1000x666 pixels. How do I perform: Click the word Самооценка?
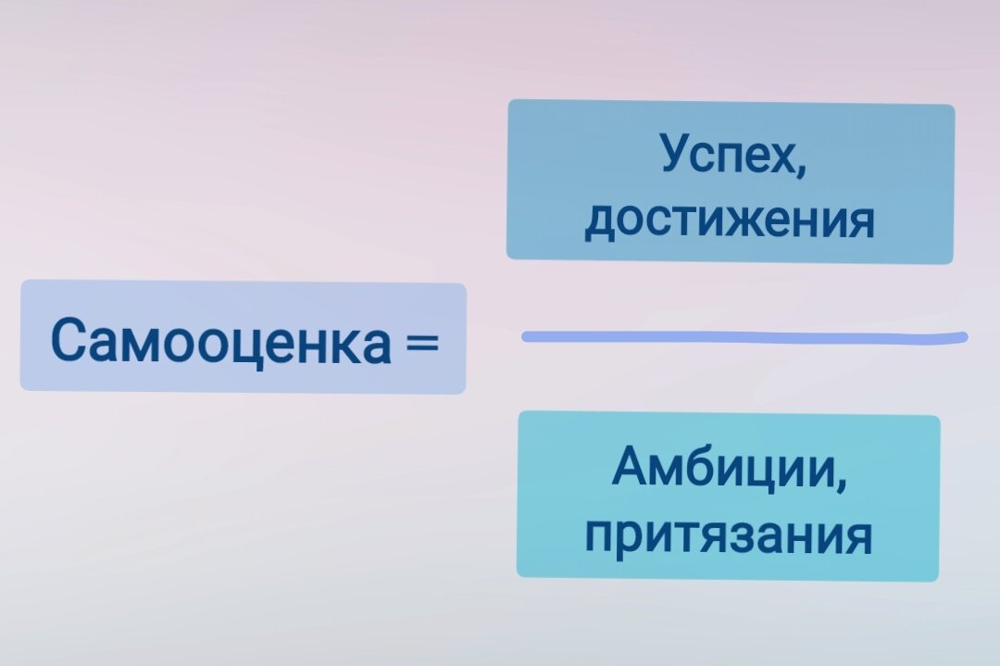(220, 341)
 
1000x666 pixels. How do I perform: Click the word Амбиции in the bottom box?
(724, 469)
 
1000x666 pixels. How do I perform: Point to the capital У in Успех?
(676, 154)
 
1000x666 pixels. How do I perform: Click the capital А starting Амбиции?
(630, 468)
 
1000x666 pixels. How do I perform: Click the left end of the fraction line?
(526, 336)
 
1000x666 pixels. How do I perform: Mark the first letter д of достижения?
(599, 221)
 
